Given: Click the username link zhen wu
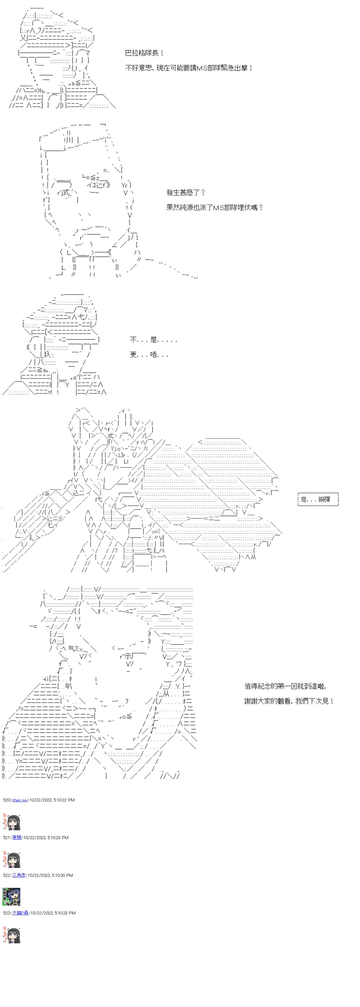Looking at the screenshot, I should click(19, 800).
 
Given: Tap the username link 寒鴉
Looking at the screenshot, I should click(17, 837).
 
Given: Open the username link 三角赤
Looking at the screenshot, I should click(19, 875).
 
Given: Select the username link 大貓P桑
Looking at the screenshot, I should click(20, 913).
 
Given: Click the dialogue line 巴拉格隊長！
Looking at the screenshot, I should click(144, 53).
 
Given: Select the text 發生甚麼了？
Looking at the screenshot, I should click(186, 192).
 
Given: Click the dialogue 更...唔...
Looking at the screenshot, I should click(149, 354).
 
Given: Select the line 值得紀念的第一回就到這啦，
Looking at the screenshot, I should click(285, 686).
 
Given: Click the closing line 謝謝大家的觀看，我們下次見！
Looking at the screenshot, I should click(289, 701).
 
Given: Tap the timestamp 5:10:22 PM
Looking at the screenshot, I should click(62, 800).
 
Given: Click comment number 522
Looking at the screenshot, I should click(7, 875).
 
